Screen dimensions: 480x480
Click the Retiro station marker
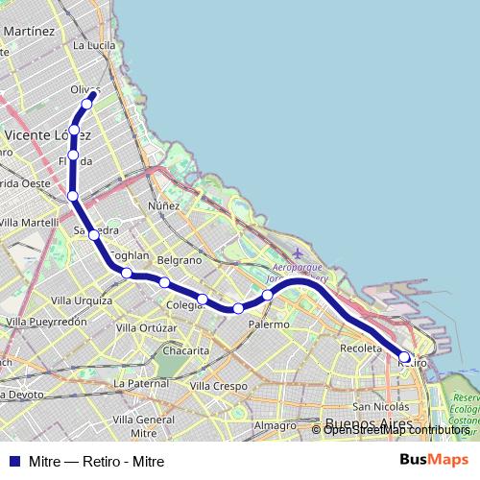pos(404,357)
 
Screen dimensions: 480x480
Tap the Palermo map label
pos(269,324)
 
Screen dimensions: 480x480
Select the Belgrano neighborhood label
pos(179,260)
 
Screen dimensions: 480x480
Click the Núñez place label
pos(163,205)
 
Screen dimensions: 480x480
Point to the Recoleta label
pos(361,347)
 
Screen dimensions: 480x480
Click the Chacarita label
pos(186,350)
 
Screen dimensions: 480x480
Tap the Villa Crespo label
pos(218,386)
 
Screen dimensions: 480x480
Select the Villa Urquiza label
pos(82,300)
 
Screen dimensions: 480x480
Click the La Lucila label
pos(94,44)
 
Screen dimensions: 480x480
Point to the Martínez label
pos(29,31)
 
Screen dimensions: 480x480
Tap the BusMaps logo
pos(434,460)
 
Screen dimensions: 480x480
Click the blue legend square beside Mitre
pos(13,461)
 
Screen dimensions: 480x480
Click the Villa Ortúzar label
pos(146,328)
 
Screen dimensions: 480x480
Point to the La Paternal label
pos(140,383)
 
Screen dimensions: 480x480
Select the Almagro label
pos(276,425)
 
